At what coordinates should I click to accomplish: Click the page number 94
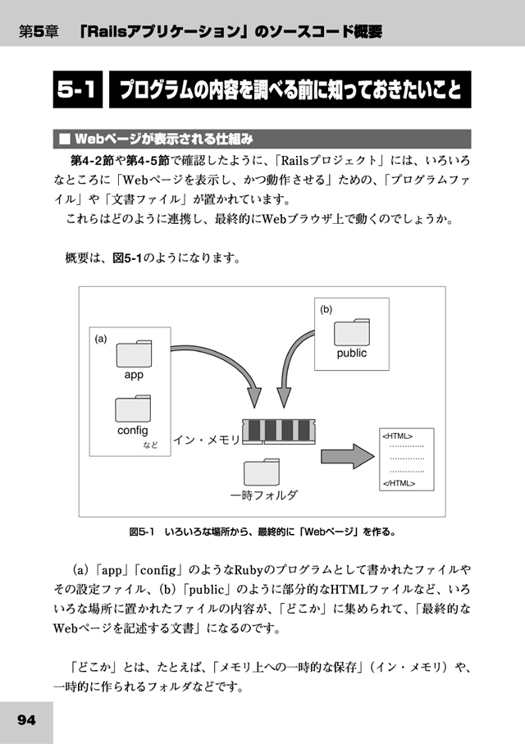coord(26,720)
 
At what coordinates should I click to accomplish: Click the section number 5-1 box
coord(78,89)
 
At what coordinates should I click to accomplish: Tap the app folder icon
coord(135,354)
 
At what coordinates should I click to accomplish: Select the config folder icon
coord(133,409)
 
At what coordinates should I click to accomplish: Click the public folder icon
coord(352,332)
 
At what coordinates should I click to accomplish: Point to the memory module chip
coord(279,431)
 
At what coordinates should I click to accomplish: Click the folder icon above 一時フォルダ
coord(262,472)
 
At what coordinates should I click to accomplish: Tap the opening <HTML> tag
coord(397,436)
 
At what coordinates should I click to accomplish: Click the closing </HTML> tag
coord(399,483)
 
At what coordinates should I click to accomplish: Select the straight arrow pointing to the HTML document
coord(348,456)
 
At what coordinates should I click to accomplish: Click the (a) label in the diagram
coord(101,339)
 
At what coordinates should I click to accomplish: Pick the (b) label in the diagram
coord(326,309)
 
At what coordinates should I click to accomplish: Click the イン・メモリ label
coord(207,440)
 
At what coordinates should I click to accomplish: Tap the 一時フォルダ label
coord(263,495)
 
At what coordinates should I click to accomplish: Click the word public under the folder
coord(352,353)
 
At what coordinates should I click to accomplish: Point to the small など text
coord(150,445)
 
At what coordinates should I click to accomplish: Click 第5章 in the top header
coord(39,32)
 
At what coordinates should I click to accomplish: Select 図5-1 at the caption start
coord(142,532)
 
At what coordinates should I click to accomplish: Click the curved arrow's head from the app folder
coord(254,398)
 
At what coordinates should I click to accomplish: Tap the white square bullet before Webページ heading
coord(64,139)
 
